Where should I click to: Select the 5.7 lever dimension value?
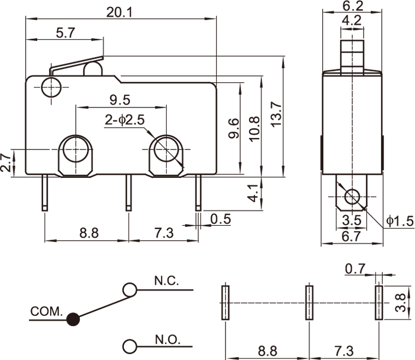tap(66, 33)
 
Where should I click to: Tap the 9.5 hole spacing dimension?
tap(119, 100)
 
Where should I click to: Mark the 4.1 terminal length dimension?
tap(253, 193)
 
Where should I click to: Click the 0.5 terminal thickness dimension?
tap(221, 219)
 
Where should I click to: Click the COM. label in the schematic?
tap(47, 312)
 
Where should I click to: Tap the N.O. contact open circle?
tap(129, 346)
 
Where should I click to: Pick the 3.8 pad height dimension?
tap(401, 303)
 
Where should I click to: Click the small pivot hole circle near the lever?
tap(50, 87)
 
